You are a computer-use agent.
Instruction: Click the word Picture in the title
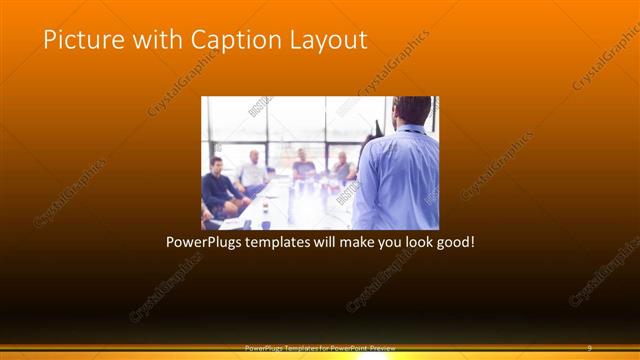(81, 40)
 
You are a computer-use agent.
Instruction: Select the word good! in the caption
(449, 242)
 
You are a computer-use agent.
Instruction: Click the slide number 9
(589, 348)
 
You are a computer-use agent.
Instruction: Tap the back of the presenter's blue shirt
(400, 180)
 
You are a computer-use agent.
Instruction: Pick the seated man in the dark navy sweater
(217, 187)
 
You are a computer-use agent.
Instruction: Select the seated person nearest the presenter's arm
(342, 168)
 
